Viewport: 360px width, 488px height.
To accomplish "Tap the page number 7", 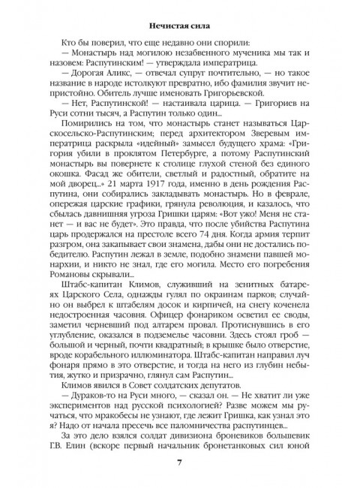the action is [180, 460].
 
